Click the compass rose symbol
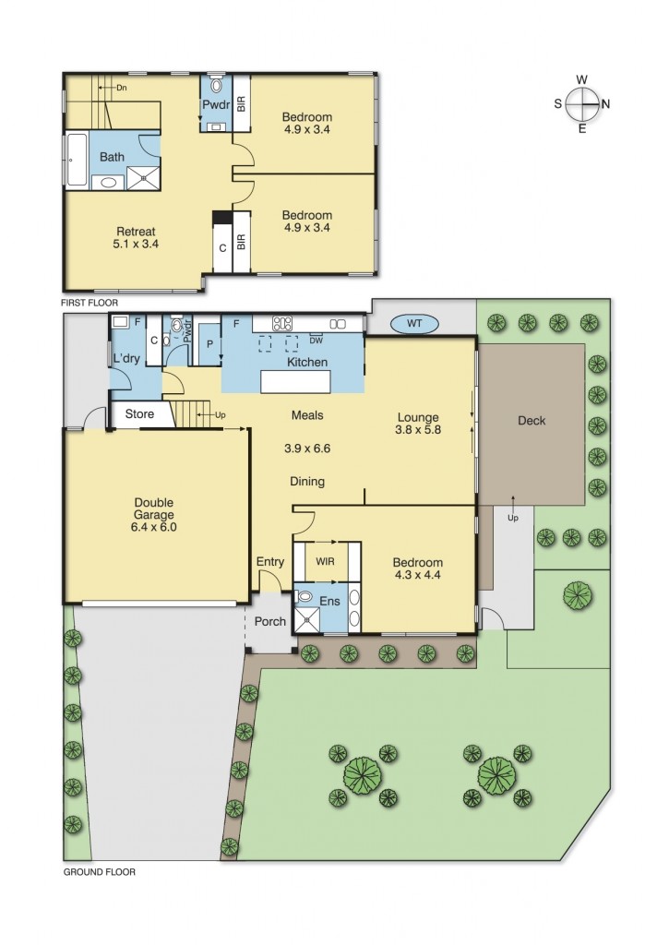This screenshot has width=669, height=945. point(582,103)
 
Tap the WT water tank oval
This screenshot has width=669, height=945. point(414,324)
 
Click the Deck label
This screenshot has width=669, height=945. point(532,420)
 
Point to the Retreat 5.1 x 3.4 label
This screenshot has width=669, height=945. point(136,238)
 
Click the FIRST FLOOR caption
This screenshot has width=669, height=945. point(90,303)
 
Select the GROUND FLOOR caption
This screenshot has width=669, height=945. point(99,871)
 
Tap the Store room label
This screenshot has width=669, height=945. point(139,414)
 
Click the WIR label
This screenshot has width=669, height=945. point(325,560)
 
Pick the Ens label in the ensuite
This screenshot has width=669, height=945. point(329,602)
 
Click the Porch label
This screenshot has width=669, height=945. point(270,621)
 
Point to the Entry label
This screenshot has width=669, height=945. point(270,561)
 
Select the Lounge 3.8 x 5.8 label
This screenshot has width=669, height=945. point(417,423)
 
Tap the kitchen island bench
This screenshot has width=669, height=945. point(306,381)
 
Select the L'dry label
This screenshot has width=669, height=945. point(126,359)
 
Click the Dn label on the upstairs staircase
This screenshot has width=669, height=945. point(121,88)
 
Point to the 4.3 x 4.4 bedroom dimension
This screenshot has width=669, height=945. point(417,576)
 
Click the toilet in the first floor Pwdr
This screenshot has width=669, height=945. point(217,85)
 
